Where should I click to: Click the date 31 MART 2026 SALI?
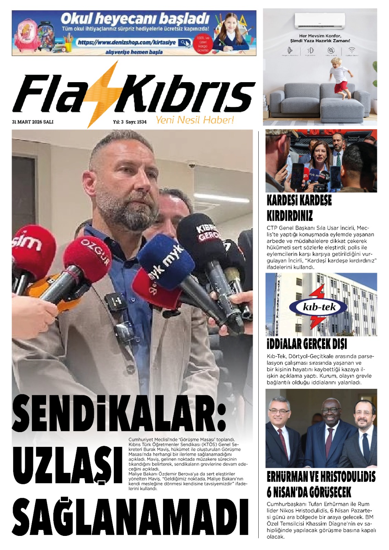pos(33,122)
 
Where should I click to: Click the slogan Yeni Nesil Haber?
pos(195,120)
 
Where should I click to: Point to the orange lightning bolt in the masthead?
pos(103,93)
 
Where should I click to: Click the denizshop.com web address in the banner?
pos(127,43)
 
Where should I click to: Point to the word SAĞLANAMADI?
pos(131,517)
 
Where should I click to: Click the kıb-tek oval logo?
pos(318,307)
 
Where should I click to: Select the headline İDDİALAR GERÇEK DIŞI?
pos(307,344)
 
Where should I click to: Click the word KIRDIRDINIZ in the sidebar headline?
pos(290,216)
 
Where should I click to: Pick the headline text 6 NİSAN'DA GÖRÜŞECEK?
pos(309,492)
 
